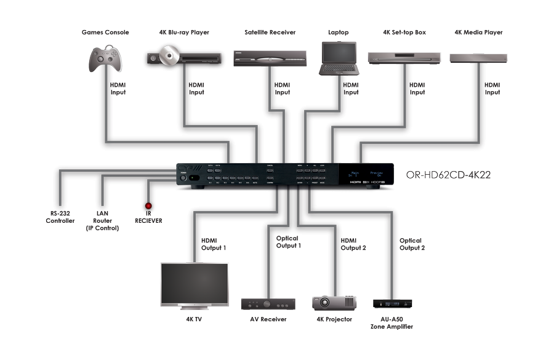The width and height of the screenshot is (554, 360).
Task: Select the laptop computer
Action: coord(339,58)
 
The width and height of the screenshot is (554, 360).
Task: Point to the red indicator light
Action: coord(148,207)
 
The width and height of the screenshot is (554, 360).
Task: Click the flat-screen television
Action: coord(195,284)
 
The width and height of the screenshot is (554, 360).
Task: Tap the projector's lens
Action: coord(325,303)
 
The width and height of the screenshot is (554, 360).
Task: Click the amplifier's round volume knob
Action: coord(267,304)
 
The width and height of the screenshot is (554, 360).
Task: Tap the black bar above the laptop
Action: coord(338,33)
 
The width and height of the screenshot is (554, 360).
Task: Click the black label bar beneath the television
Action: coord(194,319)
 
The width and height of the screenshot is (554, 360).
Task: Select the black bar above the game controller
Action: coord(105,32)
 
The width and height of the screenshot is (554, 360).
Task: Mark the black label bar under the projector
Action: coord(334,319)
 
